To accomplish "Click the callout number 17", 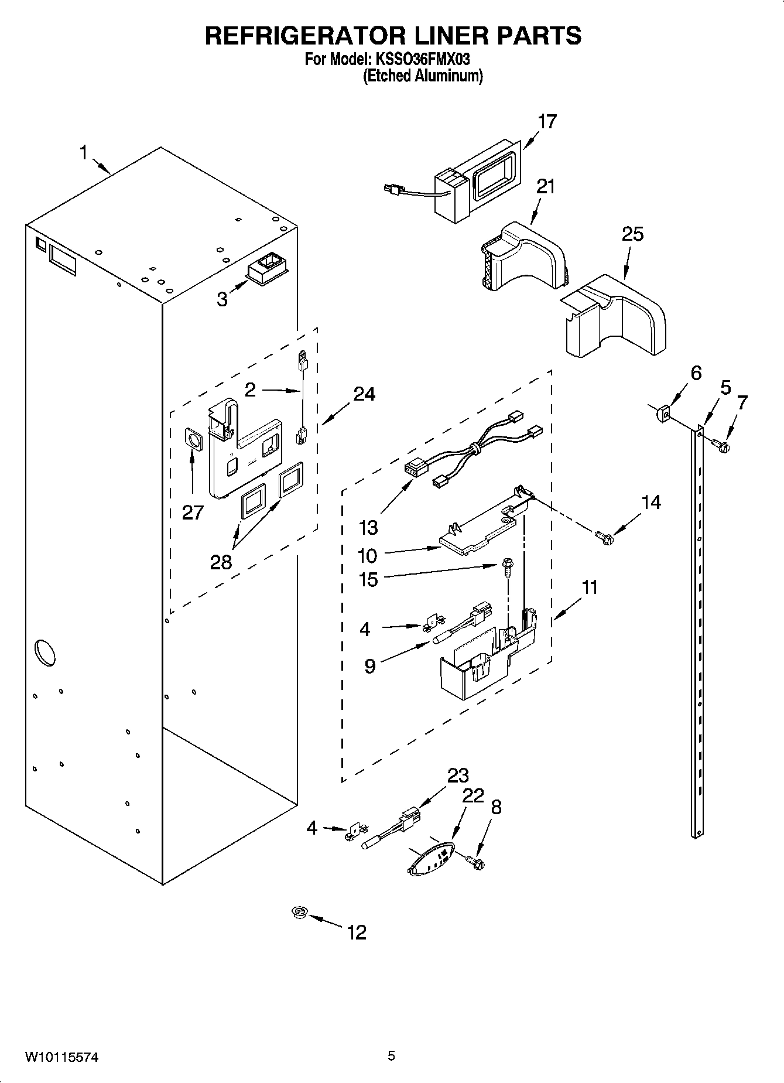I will click(547, 121).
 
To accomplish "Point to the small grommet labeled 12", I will click(300, 912).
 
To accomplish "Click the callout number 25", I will click(632, 234).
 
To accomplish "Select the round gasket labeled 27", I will click(193, 439).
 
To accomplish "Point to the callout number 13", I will click(368, 528).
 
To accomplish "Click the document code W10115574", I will click(61, 1057).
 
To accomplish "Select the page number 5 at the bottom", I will click(391, 1056).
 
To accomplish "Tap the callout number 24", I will click(364, 394).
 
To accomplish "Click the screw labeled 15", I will click(505, 566).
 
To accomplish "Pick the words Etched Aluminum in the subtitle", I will click(423, 76).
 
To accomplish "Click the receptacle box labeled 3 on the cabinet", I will click(267, 271).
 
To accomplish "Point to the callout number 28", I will click(221, 562).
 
